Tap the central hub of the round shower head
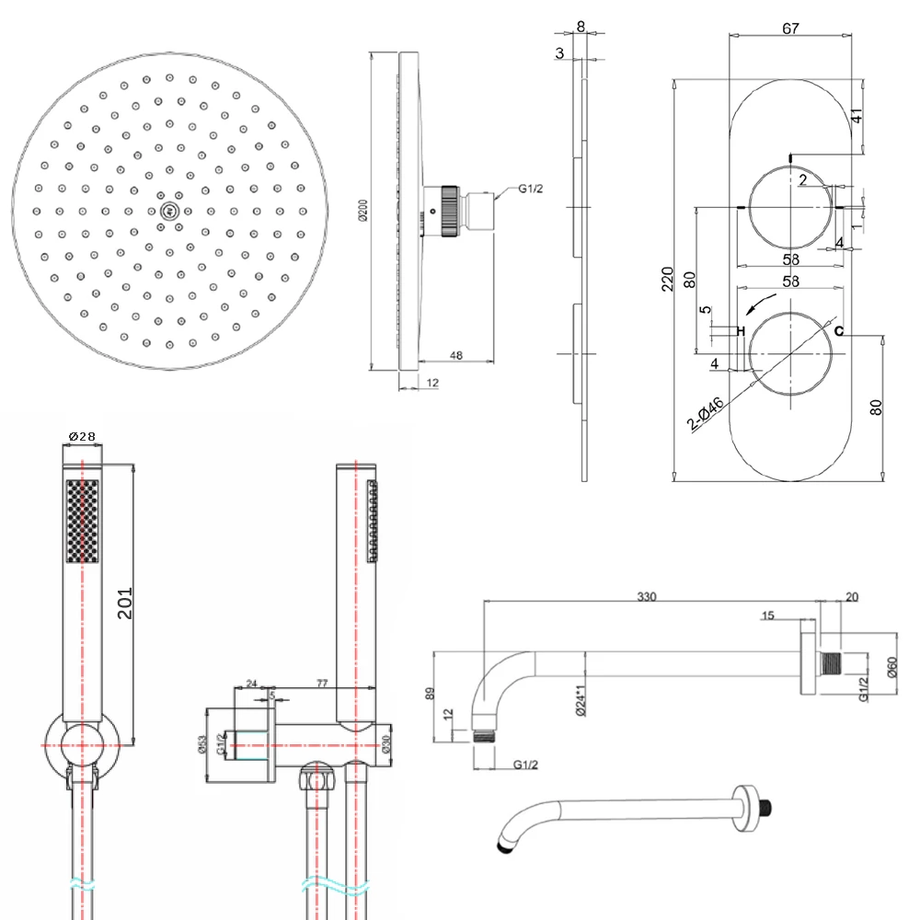167,211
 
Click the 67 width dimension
789,29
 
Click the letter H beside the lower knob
740,330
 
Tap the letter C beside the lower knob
838,330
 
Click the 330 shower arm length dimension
647,597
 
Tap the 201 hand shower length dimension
127,602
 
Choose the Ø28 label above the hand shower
82,436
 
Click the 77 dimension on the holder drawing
322,684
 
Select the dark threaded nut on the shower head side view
449,211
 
